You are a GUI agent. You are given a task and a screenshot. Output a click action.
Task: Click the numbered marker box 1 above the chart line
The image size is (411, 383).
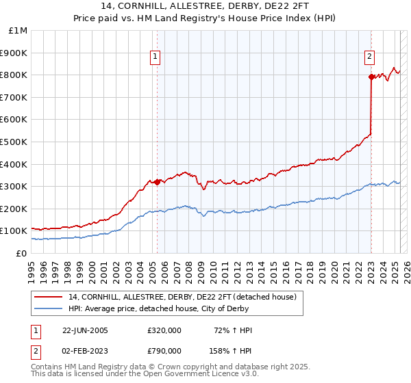[x=156, y=57]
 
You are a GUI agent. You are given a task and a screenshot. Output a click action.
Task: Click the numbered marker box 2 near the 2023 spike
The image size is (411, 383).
[x=369, y=57]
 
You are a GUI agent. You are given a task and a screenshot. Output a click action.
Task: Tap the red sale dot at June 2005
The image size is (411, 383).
[x=157, y=182]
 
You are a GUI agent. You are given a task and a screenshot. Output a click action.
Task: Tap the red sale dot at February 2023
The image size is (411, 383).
[x=371, y=77]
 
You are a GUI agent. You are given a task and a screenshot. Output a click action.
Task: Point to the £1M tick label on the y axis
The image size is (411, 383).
[x=18, y=31]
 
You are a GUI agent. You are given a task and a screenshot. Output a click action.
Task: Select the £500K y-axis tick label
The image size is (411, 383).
[x=14, y=142]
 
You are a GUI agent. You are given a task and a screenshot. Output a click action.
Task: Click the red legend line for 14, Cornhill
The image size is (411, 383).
[x=49, y=297]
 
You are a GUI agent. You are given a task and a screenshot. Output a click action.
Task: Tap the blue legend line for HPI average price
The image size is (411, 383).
[x=49, y=308]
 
